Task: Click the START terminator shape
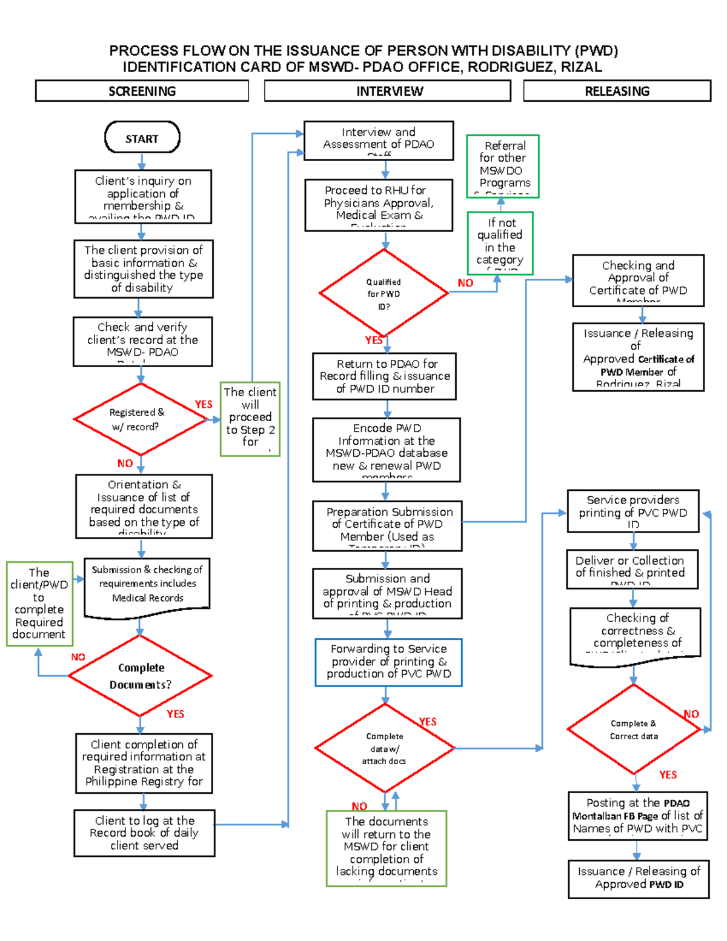(x=142, y=138)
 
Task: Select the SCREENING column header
(x=142, y=91)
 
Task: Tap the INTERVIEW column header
(x=388, y=91)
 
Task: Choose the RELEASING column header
(x=617, y=91)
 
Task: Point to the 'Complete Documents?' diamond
(x=141, y=676)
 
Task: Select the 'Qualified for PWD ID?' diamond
(x=383, y=293)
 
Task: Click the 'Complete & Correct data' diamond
(x=634, y=730)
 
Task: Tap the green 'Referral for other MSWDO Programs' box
(x=502, y=165)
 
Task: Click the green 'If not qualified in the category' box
(x=500, y=243)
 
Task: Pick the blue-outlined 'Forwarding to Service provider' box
(x=388, y=662)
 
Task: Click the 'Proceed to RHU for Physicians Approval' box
(x=379, y=205)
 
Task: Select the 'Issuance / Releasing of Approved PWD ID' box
(x=639, y=878)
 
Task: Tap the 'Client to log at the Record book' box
(x=144, y=833)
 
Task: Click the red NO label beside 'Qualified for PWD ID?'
(x=465, y=283)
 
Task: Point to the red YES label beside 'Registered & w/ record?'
(x=204, y=404)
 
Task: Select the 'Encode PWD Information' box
(x=387, y=449)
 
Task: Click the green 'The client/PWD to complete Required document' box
(x=39, y=604)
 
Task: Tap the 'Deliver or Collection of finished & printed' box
(x=632, y=568)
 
